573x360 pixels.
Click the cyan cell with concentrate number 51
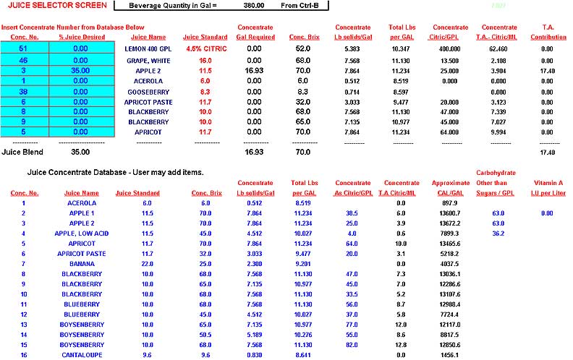[24, 48]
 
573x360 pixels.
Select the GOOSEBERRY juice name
[148, 92]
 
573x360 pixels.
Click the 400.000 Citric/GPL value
[441, 48]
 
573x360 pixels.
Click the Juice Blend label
[22, 153]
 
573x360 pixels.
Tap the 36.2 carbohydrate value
[497, 233]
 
